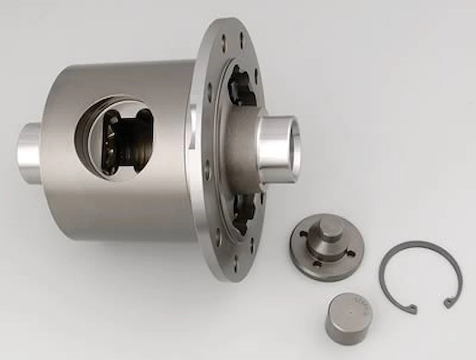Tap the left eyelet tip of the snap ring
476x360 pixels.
coord(412,310)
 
